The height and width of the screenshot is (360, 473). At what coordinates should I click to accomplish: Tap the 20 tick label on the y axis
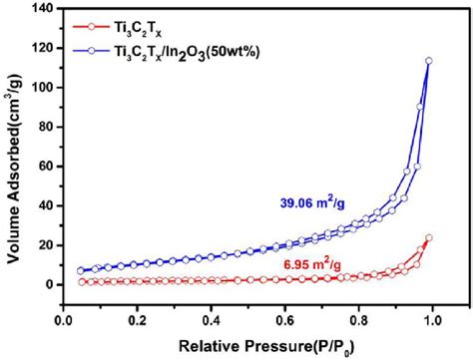coord(43,244)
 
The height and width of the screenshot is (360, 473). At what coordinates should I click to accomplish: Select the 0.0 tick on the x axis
coord(63,322)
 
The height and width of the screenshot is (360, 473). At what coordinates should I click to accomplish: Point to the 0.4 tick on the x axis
coord(211,322)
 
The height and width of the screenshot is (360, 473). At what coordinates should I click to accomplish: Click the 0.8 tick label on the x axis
coord(358,322)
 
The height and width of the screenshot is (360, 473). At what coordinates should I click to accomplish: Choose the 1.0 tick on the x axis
coord(431,322)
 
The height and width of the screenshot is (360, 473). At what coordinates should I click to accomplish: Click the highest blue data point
coord(428,61)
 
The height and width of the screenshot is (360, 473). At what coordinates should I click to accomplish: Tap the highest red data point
coord(428,237)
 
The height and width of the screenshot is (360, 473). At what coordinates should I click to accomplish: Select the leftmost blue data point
coord(81,270)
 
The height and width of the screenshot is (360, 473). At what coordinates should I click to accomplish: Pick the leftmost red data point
coord(81,282)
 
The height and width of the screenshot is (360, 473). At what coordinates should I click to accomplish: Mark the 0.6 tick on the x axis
coord(284,322)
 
